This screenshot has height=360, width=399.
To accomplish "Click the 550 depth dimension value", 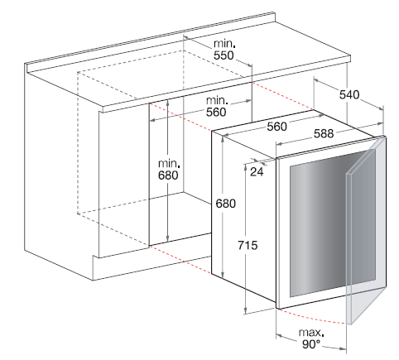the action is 224,55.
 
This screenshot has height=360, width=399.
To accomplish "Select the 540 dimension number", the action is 349,94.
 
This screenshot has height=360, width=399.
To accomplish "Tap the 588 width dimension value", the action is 324,134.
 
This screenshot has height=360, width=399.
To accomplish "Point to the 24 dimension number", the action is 257,172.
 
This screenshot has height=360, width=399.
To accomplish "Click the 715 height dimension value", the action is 248,245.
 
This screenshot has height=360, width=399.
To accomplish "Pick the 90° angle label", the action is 311,344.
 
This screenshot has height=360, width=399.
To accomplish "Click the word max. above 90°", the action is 311,333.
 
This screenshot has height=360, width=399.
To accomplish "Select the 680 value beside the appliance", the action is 226,204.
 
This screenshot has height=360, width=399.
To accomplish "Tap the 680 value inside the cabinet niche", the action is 168,175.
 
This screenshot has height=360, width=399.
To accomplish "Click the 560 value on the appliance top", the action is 277,127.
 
